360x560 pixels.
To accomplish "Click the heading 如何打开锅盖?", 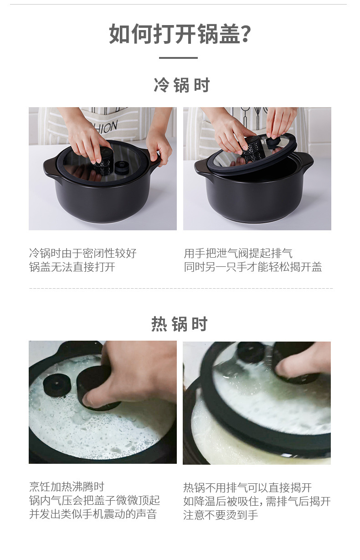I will (x=180, y=34).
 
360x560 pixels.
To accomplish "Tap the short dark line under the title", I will (x=178, y=58).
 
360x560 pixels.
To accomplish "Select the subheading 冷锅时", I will (x=181, y=85).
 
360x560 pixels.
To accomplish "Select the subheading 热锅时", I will (x=180, y=324).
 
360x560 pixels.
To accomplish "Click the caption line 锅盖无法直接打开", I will (x=72, y=267).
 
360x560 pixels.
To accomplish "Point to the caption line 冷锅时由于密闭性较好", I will (x=82, y=254).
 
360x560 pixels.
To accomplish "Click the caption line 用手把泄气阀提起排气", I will (x=238, y=254).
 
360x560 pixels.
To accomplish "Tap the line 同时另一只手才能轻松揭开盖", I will (x=253, y=267).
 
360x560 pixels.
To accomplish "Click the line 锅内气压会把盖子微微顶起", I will (x=94, y=500).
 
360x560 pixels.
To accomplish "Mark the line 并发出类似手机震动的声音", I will (x=93, y=514).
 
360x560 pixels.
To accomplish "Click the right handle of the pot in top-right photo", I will (x=305, y=161).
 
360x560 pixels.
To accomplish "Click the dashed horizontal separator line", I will (x=180, y=288).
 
